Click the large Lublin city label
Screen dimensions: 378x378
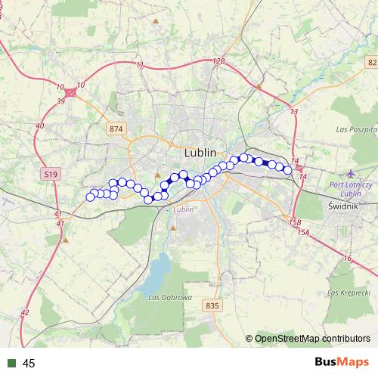pos(200,153)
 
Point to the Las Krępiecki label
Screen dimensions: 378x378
pos(349,292)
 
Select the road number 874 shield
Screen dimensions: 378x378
pos(115,129)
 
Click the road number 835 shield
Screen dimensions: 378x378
pos(212,305)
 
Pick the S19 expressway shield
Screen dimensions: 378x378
pos(50,174)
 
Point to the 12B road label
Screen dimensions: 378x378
pos(219,61)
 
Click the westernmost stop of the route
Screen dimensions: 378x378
pos(90,197)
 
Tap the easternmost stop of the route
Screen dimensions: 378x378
pos(288,170)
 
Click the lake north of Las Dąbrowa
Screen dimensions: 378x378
pos(158,268)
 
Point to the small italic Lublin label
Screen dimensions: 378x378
pos(184,209)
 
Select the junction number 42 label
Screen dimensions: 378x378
pos(25,312)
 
